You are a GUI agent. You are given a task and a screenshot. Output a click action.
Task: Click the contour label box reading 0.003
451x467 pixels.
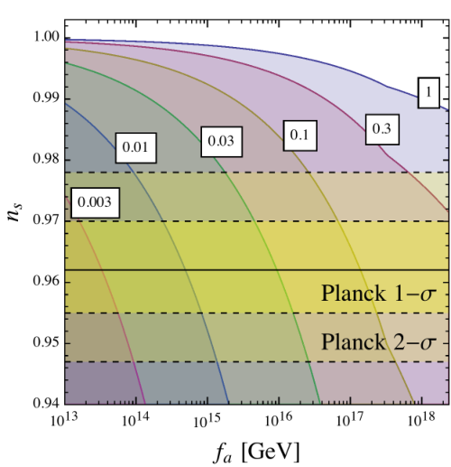pyautogui.click(x=95, y=202)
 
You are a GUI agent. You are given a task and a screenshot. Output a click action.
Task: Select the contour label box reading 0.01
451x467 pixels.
pyautogui.click(x=136, y=148)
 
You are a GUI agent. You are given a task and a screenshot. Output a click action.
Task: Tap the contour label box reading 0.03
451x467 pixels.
pyautogui.click(x=222, y=142)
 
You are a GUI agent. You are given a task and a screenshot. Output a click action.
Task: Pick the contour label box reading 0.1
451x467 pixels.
pyautogui.click(x=299, y=135)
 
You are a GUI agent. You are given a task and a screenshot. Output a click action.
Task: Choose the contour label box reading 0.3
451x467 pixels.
pyautogui.click(x=382, y=129)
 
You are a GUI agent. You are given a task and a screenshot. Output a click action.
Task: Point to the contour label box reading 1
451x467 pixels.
pyautogui.click(x=428, y=92)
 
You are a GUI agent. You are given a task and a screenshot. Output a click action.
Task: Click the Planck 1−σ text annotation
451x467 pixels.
pyautogui.click(x=379, y=293)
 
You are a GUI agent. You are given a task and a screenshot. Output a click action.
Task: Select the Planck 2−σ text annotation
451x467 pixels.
pyautogui.click(x=379, y=342)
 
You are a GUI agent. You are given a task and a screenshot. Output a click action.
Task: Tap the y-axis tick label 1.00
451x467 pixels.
pyautogui.click(x=46, y=37)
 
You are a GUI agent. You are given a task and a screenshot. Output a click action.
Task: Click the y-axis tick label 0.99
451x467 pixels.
pyautogui.click(x=46, y=98)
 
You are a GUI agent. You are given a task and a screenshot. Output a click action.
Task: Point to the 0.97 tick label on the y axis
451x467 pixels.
pyautogui.click(x=46, y=220)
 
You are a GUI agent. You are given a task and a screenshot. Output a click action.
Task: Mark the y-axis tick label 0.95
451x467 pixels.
pyautogui.click(x=46, y=342)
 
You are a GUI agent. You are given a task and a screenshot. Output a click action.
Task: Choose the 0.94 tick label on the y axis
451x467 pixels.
pyautogui.click(x=46, y=403)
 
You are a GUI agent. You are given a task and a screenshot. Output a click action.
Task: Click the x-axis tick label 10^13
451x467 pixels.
pyautogui.click(x=64, y=419)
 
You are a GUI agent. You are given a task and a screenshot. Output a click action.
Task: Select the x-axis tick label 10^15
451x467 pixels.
pyautogui.click(x=207, y=419)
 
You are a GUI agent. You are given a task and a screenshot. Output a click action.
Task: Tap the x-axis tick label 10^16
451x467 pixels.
pyautogui.click(x=278, y=419)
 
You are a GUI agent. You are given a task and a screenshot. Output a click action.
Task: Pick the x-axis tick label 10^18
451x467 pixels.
pyautogui.click(x=421, y=419)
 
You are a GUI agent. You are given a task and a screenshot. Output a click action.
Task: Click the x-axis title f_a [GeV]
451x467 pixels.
pyautogui.click(x=257, y=452)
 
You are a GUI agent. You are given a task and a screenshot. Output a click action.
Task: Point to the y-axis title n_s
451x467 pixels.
pyautogui.click(x=14, y=212)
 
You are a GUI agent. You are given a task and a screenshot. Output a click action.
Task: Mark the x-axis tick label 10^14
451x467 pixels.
pyautogui.click(x=135, y=419)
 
